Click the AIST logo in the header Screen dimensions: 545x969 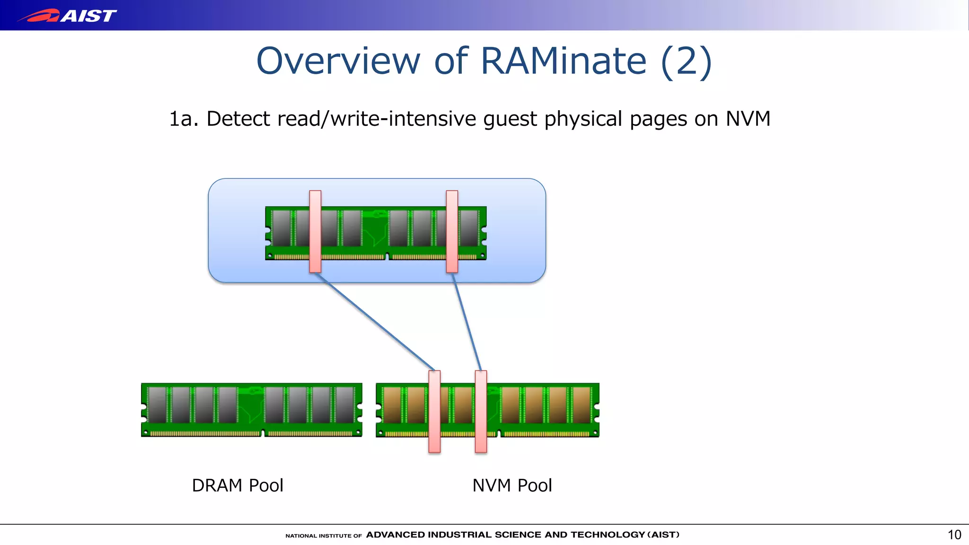(67, 16)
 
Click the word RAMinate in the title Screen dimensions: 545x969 (563, 61)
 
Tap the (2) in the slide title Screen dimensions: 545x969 (686, 62)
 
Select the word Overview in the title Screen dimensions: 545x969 (338, 61)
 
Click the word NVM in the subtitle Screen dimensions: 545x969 (748, 118)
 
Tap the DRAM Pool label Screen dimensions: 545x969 (238, 485)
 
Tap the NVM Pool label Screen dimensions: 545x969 (512, 485)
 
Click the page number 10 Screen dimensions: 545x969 (954, 535)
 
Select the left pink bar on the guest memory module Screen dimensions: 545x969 (315, 231)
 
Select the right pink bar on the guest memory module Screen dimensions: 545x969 (452, 231)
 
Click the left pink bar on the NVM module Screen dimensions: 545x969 (434, 411)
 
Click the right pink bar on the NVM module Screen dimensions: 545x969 (481, 411)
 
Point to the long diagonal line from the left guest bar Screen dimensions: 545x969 (375, 322)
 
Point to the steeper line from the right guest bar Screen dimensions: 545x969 (467, 322)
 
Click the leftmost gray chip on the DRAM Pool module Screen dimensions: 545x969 (157, 405)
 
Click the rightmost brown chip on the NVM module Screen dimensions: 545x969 (581, 405)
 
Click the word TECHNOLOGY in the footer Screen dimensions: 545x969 (608, 535)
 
